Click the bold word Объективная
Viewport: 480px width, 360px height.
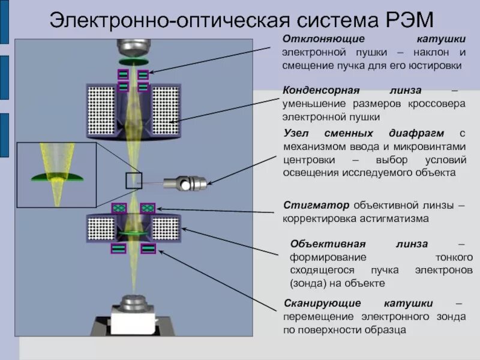click(327, 244)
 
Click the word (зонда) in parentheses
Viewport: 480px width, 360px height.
click(308, 283)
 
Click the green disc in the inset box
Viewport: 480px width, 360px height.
click(57, 176)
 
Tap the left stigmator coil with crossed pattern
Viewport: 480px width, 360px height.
click(119, 208)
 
